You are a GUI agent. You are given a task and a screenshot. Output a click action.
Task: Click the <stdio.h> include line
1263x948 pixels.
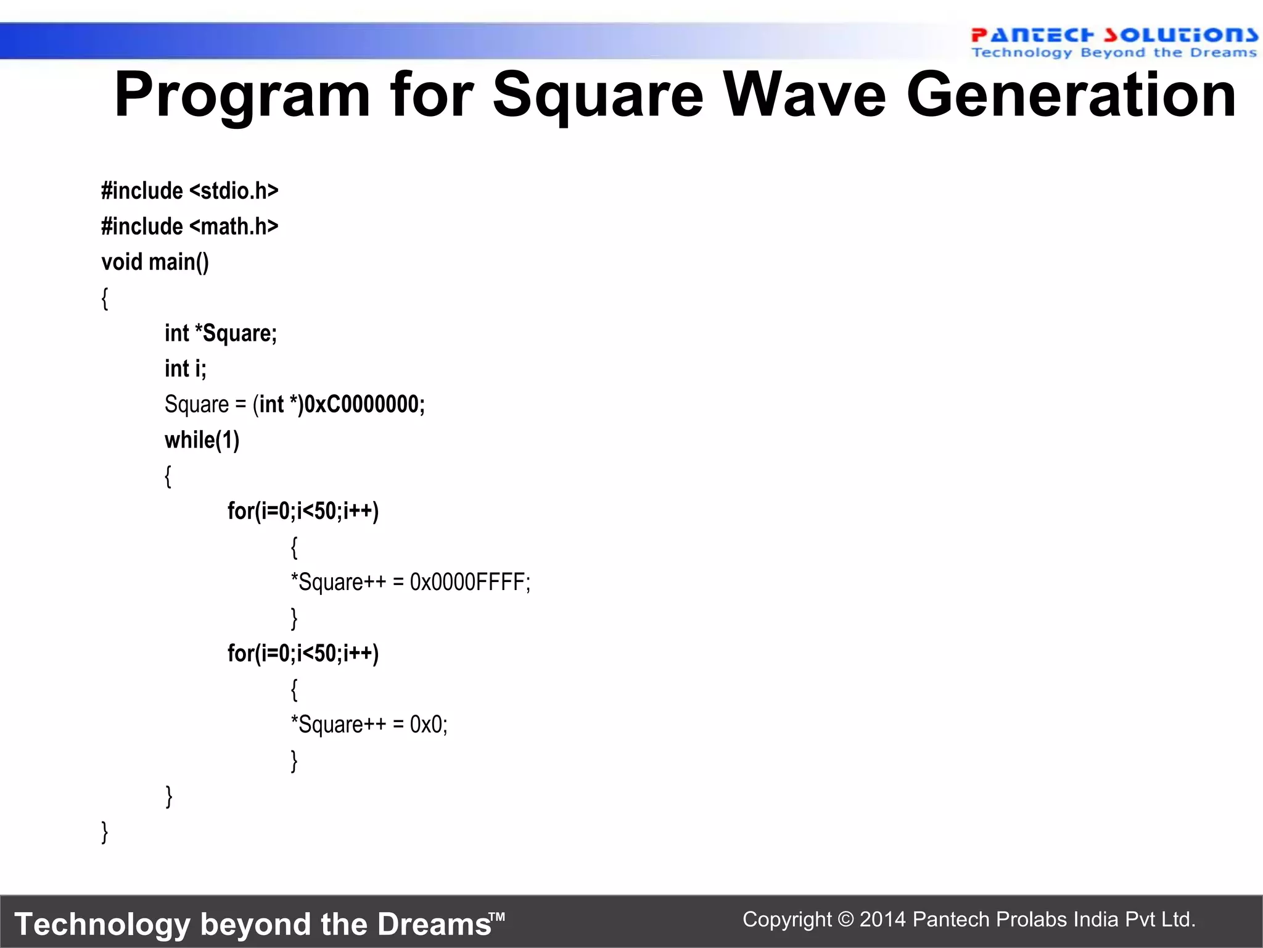click(190, 191)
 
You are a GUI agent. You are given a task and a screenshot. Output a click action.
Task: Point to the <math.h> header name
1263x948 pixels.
click(234, 227)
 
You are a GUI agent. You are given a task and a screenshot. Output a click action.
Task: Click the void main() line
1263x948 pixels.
click(155, 262)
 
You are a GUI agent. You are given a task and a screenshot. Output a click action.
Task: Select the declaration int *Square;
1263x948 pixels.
click(221, 333)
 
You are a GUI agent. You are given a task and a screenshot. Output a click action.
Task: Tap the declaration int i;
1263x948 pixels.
click(185, 369)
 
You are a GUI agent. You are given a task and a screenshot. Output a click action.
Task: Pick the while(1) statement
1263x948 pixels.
click(202, 440)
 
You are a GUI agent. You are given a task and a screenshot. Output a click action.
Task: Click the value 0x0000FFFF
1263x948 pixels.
click(469, 583)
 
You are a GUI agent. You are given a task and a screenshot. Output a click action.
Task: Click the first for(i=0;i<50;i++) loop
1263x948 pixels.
click(303, 511)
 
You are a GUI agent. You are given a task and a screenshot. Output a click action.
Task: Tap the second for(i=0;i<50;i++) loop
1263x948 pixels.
click(303, 653)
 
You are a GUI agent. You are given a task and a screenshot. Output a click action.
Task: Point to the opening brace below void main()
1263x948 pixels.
click(105, 299)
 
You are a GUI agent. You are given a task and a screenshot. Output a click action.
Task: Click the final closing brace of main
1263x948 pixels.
click(105, 832)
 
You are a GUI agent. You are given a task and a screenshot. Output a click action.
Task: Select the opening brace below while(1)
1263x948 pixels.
click(168, 476)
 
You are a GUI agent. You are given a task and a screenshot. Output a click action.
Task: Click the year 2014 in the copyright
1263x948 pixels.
click(882, 920)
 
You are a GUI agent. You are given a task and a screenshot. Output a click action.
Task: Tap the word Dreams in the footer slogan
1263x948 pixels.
click(434, 925)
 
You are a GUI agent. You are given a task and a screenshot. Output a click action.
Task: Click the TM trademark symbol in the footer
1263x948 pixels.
click(498, 917)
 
